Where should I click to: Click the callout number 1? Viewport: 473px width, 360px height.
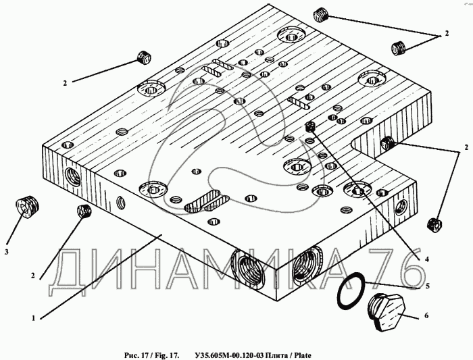pyautogui.click(x=34, y=318)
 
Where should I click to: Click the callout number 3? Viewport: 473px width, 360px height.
pyautogui.click(x=7, y=252)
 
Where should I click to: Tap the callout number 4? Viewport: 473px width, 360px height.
pyautogui.click(x=427, y=259)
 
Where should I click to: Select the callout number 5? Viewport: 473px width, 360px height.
pyautogui.click(x=427, y=286)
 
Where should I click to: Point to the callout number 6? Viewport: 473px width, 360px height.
pyautogui.click(x=426, y=315)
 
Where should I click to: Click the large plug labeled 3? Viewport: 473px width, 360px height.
pyautogui.click(x=27, y=207)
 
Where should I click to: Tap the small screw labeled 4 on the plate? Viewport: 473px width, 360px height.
pyautogui.click(x=309, y=126)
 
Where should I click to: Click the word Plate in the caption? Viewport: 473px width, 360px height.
pyautogui.click(x=303, y=355)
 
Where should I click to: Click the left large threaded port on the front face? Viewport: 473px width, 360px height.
pyautogui.click(x=247, y=267)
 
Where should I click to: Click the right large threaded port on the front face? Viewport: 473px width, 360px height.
pyautogui.click(x=308, y=265)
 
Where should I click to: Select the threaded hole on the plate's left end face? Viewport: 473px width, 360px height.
pyautogui.click(x=72, y=177)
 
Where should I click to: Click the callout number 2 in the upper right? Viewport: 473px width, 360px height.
pyautogui.click(x=447, y=33)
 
